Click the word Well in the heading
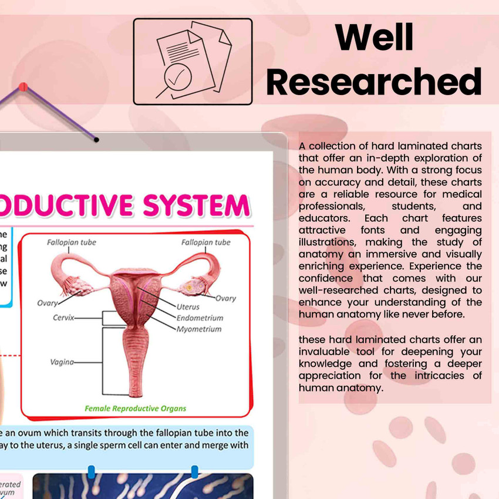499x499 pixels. (x=375, y=38)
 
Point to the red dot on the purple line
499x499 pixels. (x=23, y=87)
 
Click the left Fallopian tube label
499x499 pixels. (x=72, y=242)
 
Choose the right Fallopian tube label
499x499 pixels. (x=205, y=242)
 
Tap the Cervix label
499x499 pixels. (x=63, y=318)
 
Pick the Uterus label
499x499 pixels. (x=188, y=306)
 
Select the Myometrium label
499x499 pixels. (x=199, y=329)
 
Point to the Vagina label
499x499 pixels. (x=62, y=362)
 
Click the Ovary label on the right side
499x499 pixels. (x=225, y=298)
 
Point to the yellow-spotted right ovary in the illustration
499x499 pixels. (x=192, y=287)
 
